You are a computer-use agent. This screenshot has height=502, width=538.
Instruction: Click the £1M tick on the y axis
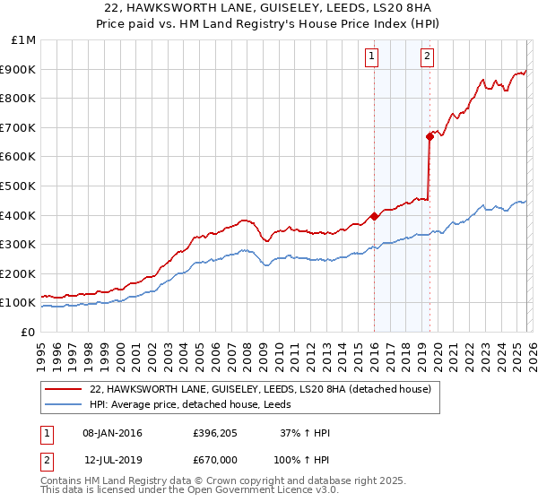point(23,40)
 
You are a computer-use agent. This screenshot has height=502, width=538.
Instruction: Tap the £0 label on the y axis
point(28,332)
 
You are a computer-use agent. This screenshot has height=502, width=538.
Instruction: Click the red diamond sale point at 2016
point(374,215)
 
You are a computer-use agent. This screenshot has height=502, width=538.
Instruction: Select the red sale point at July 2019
point(430,136)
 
